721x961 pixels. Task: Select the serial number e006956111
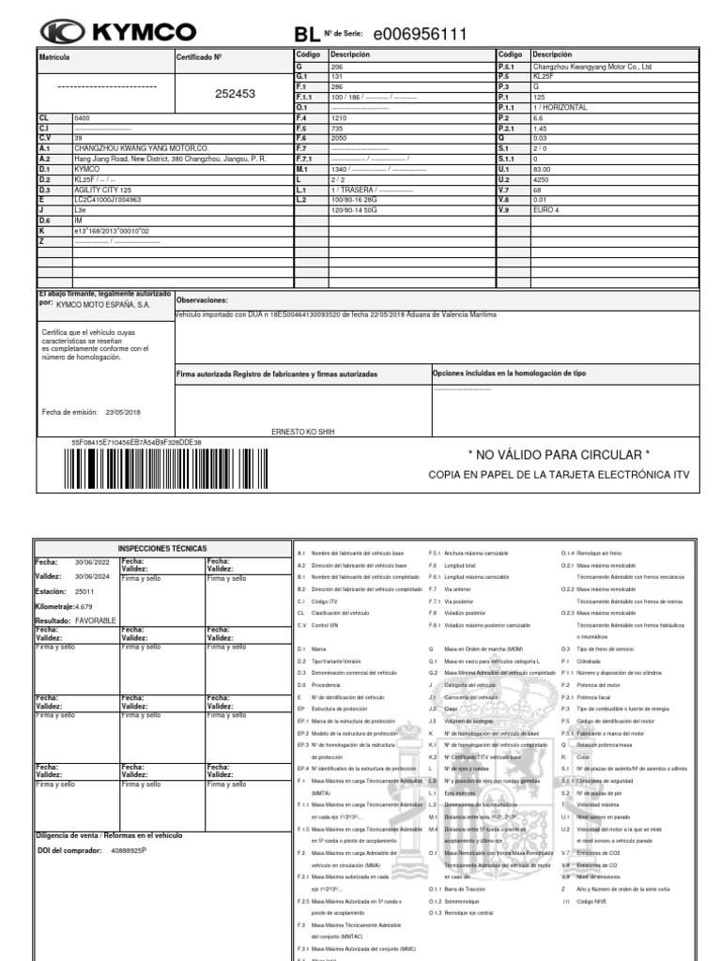click(420, 35)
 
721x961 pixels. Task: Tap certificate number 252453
click(235, 94)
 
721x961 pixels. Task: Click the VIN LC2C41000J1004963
click(108, 199)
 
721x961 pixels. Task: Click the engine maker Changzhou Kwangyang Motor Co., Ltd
click(591, 67)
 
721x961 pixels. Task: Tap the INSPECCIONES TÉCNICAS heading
click(161, 547)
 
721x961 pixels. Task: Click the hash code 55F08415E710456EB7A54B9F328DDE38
click(136, 441)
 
